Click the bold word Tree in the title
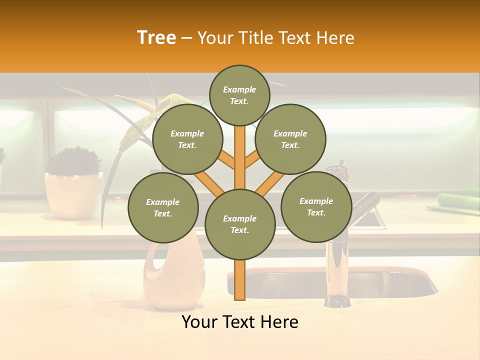point(156,38)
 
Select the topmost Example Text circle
point(239,95)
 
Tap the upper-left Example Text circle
point(187,139)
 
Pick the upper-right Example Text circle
point(290,139)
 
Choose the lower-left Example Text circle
point(162,207)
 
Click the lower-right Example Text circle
point(316,206)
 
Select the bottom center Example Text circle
point(239,224)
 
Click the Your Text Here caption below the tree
point(239,322)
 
